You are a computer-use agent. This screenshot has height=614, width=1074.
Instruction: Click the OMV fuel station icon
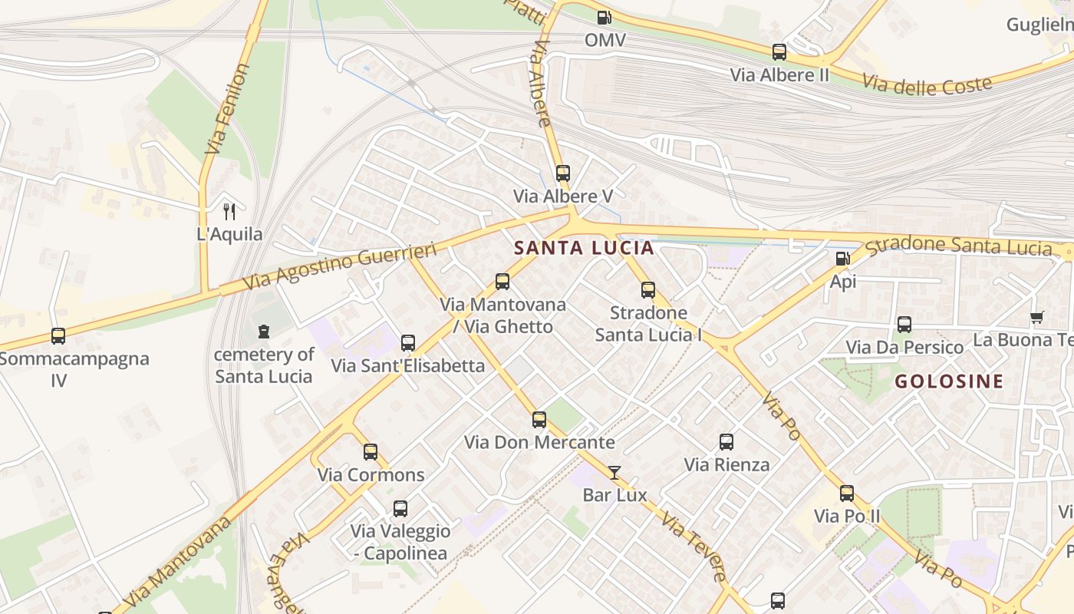click(x=605, y=17)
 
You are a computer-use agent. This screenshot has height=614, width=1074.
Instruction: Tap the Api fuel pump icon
click(x=842, y=259)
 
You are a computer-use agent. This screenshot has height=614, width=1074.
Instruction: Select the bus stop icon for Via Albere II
click(x=779, y=52)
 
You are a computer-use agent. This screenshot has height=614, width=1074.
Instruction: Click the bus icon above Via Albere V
click(x=563, y=173)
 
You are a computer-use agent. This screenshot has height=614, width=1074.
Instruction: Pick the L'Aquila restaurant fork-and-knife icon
click(x=229, y=211)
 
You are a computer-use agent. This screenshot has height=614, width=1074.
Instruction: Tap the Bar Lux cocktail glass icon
click(x=614, y=472)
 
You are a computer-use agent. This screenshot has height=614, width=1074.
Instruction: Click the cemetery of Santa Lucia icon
click(x=264, y=332)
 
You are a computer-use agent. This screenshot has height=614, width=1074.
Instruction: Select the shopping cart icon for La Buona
click(x=1037, y=317)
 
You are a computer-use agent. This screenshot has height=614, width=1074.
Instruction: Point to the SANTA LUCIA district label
click(x=585, y=248)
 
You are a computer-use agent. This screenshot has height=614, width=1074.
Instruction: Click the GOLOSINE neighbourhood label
click(x=949, y=381)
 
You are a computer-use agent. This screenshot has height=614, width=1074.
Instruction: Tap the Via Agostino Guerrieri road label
click(x=340, y=266)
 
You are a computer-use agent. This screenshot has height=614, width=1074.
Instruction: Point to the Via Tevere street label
click(x=693, y=547)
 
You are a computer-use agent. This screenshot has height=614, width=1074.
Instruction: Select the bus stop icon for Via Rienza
click(x=726, y=442)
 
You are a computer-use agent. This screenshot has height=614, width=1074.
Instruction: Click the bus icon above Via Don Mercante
click(x=539, y=420)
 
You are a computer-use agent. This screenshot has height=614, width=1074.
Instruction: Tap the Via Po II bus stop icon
click(x=847, y=493)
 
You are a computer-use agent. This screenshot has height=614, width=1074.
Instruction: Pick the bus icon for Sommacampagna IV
click(x=58, y=335)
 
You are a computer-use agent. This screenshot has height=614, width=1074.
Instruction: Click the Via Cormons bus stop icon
click(x=371, y=452)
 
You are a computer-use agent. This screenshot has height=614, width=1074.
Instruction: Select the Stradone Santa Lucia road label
click(x=959, y=246)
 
